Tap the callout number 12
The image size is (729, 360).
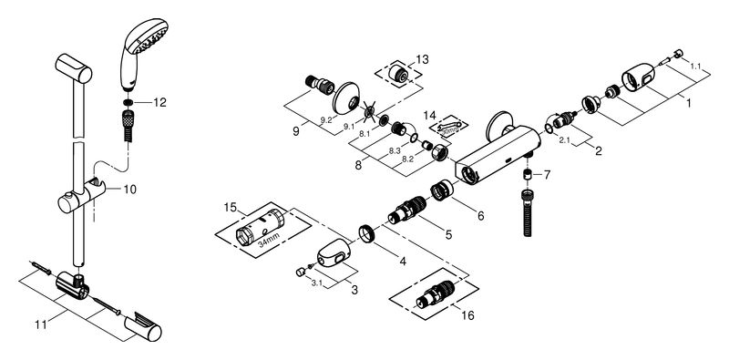point(159,103)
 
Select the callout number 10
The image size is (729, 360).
point(130,190)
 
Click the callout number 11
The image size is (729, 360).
point(41,324)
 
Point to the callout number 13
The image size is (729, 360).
point(423,59)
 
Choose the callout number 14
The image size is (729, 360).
point(430,115)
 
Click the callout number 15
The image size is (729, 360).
point(231,206)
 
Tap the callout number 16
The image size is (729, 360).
point(467,316)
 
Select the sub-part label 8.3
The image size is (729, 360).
point(395,151)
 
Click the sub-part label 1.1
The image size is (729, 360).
point(695,67)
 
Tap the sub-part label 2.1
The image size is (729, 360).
point(564,140)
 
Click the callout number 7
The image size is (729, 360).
point(547,175)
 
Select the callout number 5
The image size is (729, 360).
point(448,235)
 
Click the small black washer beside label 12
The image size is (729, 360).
point(128,102)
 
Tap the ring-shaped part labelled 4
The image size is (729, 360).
point(367,232)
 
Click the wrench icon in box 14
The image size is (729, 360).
point(449,126)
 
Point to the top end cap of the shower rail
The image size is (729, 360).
point(74,68)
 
